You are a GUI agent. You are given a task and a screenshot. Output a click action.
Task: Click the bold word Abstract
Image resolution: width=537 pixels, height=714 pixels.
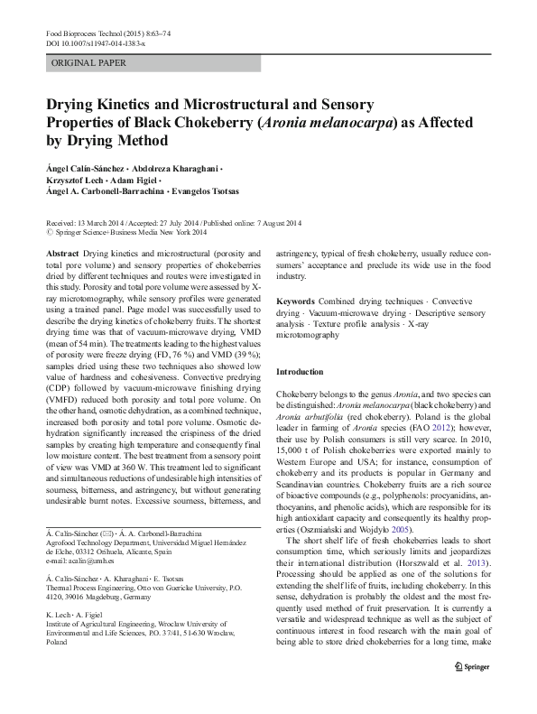[x=63, y=255]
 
